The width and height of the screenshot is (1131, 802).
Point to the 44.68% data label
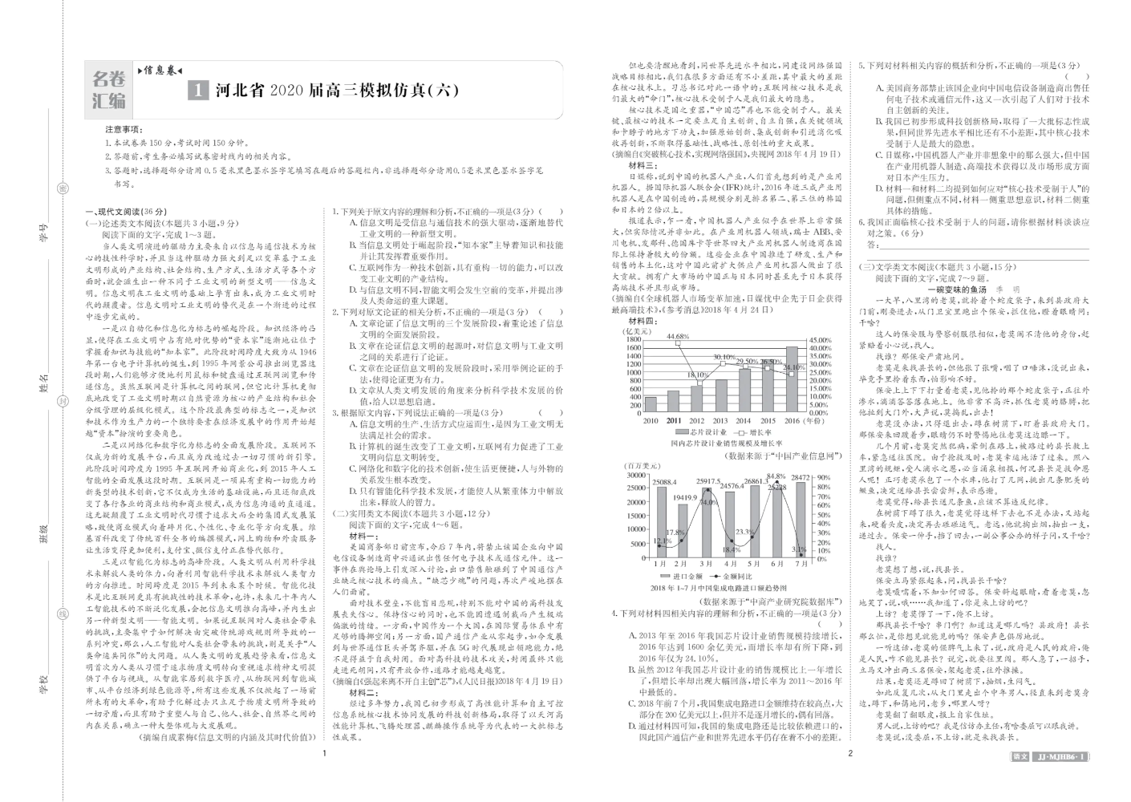[x=678, y=336]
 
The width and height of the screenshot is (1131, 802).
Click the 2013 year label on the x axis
[x=720, y=420]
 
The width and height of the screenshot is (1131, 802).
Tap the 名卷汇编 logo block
[x=109, y=89]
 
